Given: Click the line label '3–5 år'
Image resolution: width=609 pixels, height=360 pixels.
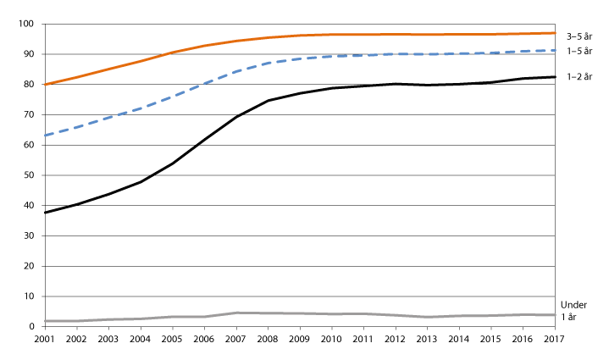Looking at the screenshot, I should click(579, 35).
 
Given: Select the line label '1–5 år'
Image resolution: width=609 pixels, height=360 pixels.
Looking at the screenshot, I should click(579, 52).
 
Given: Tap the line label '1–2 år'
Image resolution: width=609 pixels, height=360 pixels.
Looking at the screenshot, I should click(579, 78).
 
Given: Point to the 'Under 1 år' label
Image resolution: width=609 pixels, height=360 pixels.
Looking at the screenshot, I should click(573, 310).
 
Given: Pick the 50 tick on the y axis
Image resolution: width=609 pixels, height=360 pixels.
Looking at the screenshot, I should click(30, 175).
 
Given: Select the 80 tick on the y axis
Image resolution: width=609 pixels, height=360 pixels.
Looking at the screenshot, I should click(30, 85).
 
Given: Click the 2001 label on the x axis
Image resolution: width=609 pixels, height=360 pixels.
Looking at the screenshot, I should click(45, 339).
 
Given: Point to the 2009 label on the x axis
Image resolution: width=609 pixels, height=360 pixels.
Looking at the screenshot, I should click(300, 339).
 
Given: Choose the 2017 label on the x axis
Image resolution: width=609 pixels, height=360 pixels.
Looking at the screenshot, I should click(555, 339).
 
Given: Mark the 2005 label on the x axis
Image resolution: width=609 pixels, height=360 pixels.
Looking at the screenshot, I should click(173, 339).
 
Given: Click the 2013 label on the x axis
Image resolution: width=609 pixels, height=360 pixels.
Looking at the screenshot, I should click(427, 339).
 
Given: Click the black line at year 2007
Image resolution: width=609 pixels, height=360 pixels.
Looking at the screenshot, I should click(236, 117).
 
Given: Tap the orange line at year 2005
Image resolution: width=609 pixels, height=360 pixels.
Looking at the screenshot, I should click(173, 53).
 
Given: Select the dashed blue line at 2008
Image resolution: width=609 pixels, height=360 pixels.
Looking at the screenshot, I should click(268, 64).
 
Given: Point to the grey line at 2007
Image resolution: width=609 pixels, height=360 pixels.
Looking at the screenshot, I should click(236, 313).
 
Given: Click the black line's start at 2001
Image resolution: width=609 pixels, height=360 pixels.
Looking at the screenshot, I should click(45, 213).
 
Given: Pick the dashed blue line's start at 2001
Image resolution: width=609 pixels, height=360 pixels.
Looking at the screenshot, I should click(45, 136).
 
